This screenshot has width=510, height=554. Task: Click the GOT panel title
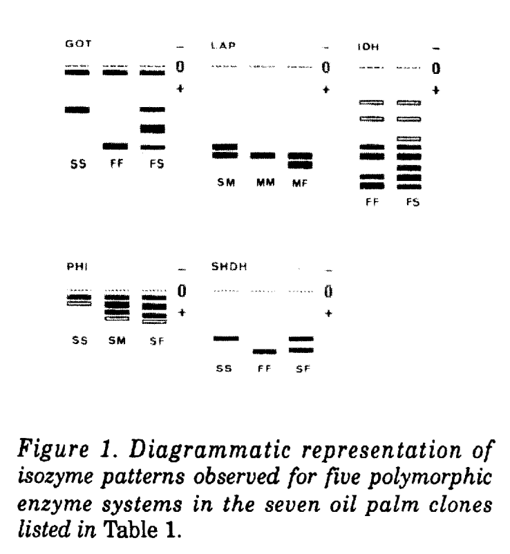pos(78,44)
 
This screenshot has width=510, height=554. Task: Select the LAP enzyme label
pos(223,46)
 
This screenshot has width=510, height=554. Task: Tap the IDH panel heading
pos(368,47)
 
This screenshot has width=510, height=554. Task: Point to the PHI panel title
pos(77,267)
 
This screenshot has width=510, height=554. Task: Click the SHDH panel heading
pos(229,267)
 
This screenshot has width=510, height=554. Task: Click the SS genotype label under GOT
pos(78,164)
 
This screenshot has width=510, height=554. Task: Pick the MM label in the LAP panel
pos(265,182)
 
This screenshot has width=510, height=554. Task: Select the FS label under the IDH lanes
pos(413,202)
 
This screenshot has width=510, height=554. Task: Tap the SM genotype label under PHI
pos(117,341)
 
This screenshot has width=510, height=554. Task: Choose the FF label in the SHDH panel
pos(264,368)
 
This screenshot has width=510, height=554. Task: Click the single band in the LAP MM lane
pos(263,155)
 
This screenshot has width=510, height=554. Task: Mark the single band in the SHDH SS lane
pos(226,338)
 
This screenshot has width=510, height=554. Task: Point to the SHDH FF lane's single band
pos(265,352)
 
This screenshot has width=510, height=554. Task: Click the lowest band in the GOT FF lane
pos(115,146)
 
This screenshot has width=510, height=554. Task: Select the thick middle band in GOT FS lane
pos(152,128)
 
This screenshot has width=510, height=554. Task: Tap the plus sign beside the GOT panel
pos(180,88)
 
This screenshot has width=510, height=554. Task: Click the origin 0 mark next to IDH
pos(436,68)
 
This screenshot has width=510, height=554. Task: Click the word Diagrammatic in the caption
pos(210,450)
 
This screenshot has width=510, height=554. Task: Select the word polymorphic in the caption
pos(430,477)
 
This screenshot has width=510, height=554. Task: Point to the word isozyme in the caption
pos(57,477)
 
